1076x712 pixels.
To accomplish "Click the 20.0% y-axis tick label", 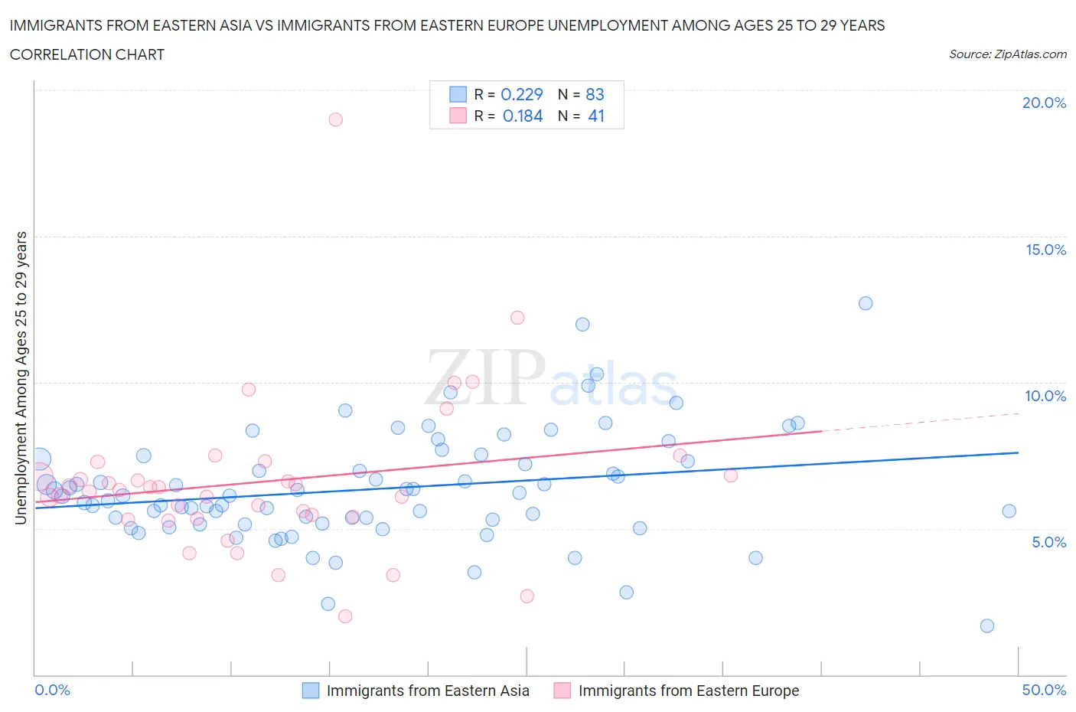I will point(1044,103).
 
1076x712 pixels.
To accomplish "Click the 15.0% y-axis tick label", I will point(1045,250).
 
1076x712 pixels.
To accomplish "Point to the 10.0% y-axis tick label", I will point(1045,397).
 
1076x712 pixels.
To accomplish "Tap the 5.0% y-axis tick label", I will point(1048,543).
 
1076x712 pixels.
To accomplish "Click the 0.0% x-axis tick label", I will point(53,691).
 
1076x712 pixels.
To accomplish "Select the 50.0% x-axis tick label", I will point(1044,691).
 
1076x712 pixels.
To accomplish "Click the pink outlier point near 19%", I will point(335,119).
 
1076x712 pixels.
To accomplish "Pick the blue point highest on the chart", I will point(866,303).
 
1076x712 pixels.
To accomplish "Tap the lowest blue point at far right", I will point(987,626).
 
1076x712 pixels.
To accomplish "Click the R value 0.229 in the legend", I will point(521,94).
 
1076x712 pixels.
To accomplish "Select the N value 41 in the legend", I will point(596,116).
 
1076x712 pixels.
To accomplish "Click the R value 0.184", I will point(523,116).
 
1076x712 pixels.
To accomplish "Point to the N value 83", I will point(595,94).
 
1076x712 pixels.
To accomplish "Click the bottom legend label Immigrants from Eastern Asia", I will point(428,691).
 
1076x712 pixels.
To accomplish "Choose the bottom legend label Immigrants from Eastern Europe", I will point(688,691).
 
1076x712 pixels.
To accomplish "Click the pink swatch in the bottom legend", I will point(562,691).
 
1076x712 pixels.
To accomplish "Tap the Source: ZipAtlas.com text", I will point(1007,54).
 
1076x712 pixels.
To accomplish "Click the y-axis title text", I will point(21,378).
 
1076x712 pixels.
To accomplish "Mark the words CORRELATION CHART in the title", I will point(87,55).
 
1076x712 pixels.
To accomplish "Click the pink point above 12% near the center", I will point(517,318).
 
